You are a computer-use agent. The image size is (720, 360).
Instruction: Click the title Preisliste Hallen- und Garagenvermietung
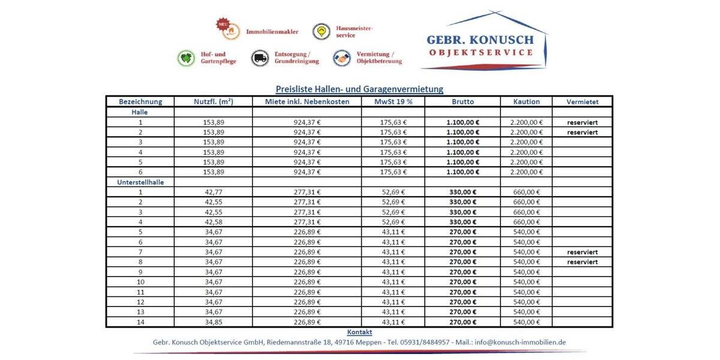(359, 89)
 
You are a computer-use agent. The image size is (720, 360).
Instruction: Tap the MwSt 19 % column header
(393, 102)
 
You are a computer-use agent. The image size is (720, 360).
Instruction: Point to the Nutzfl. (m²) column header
(214, 102)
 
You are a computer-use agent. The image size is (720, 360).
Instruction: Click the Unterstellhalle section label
(140, 182)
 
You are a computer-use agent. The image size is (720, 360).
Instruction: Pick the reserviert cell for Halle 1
(582, 122)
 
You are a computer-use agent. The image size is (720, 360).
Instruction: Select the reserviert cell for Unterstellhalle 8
(582, 262)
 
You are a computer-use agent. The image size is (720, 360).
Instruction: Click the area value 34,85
(214, 322)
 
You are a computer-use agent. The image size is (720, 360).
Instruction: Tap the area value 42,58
(214, 222)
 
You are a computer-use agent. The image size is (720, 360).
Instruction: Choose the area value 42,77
(214, 192)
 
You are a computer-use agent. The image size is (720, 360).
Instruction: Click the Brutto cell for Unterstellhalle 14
(463, 322)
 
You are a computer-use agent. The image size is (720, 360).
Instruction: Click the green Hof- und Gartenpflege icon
(187, 58)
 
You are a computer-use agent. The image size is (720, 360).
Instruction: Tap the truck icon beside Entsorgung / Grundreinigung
(260, 58)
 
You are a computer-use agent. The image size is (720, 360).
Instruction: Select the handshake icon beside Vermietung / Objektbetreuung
(341, 58)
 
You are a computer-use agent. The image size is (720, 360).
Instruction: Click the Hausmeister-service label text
(354, 31)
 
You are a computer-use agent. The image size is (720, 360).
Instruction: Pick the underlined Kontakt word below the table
(359, 332)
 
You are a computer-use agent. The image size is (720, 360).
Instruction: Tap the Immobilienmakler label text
(272, 31)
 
